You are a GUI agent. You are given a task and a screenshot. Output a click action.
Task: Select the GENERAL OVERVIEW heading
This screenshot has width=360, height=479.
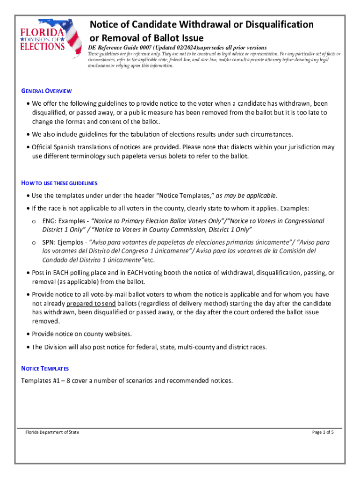tap(46, 91)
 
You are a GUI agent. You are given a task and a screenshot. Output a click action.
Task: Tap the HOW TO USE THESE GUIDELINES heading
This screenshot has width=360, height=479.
tap(59, 183)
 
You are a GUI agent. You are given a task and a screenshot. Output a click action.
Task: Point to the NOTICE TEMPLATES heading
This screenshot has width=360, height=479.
tap(45, 369)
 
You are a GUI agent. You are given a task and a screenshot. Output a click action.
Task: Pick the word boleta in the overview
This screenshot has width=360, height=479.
tap(176, 156)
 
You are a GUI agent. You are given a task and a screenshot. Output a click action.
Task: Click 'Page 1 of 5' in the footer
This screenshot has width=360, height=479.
tap(323, 432)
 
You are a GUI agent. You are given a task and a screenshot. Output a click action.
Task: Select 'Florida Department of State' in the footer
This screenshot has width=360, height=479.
tap(52, 432)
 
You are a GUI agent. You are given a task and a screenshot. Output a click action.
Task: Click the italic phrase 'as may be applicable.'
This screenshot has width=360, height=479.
tap(246, 195)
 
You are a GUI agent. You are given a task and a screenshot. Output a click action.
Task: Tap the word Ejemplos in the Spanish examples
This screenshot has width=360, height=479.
tap(72, 242)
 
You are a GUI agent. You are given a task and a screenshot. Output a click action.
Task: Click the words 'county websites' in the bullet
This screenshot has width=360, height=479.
tap(109, 334)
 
